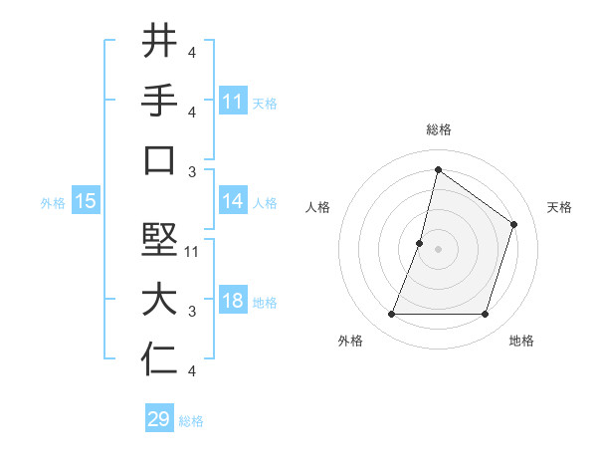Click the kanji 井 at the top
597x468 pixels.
(x=159, y=42)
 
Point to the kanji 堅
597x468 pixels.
(x=159, y=241)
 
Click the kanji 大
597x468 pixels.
(x=159, y=301)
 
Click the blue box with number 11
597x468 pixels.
(x=233, y=102)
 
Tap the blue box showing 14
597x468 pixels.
(x=233, y=201)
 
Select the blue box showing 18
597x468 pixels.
(x=233, y=302)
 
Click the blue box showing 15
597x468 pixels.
(x=86, y=201)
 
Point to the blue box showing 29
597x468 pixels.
(x=159, y=419)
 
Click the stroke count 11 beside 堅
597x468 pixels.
(x=193, y=252)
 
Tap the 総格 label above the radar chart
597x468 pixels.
(x=438, y=129)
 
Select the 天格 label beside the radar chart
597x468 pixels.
(x=560, y=207)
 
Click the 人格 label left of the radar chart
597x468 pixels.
(x=318, y=207)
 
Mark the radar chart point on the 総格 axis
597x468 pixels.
(x=438, y=170)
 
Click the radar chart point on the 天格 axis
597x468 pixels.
(x=514, y=224)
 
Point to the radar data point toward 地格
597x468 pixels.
(x=486, y=315)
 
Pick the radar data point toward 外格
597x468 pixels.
(x=391, y=315)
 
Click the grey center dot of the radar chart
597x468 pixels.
(x=438, y=249)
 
